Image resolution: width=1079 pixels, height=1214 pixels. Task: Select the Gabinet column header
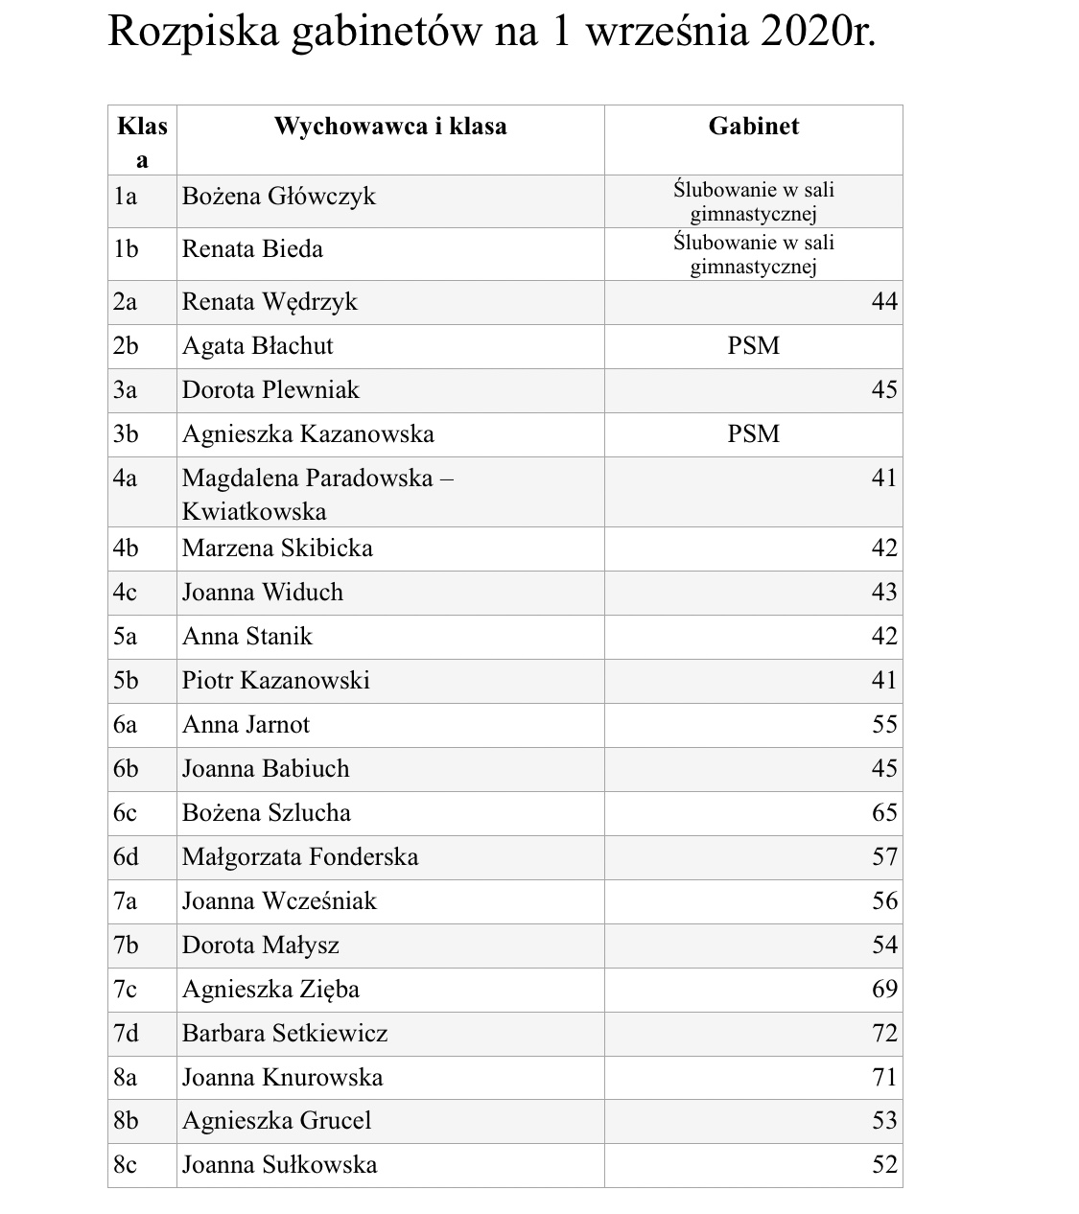pos(753,126)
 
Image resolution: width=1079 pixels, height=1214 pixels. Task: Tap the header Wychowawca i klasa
pos(390,126)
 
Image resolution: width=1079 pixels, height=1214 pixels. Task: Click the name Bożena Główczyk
pos(278,197)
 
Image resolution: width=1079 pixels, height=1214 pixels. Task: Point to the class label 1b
pos(126,249)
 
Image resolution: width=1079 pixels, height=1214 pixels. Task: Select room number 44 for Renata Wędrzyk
pos(883,302)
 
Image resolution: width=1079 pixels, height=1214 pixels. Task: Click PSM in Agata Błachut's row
pos(753,346)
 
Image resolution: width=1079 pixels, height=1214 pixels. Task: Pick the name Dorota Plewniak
pos(270,390)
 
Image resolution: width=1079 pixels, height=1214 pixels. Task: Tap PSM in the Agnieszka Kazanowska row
pos(753,434)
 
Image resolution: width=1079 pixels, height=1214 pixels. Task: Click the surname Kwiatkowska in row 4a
pos(254,511)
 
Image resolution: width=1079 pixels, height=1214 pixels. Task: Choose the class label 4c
pos(126,593)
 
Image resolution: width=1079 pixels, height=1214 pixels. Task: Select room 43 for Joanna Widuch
pos(883,593)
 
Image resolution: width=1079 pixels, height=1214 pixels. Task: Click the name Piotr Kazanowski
pos(275,681)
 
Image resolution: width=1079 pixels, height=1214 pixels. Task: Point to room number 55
pos(883,725)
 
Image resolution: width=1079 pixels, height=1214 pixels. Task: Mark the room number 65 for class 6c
pos(883,813)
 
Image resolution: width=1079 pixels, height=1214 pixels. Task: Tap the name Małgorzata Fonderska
pos(300,857)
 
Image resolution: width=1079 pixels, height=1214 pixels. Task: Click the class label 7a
pos(126,901)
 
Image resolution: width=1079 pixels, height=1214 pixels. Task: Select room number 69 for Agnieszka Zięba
pos(883,990)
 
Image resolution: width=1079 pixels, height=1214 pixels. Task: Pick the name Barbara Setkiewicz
pos(285,1034)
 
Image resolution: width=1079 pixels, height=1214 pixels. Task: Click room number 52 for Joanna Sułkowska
pos(883,1165)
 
